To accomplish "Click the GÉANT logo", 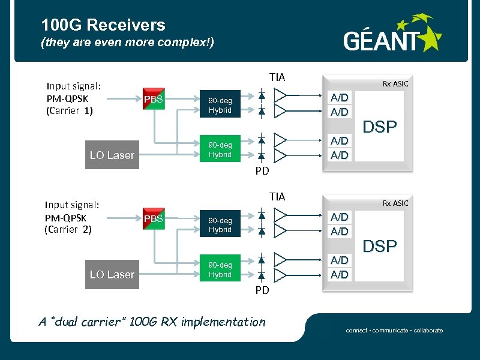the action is point(393,33).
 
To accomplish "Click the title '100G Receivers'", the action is point(103,25).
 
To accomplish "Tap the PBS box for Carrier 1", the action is point(154,99).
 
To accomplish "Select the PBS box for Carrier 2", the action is point(154,218).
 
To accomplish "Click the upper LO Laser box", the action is point(112,155).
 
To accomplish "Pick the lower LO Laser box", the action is point(112,274).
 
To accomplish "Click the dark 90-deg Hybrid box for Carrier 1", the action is point(220,104).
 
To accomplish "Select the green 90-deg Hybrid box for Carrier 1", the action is point(220,148).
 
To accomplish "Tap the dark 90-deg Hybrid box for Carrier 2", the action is point(220,223).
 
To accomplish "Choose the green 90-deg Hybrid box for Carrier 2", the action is point(220,268).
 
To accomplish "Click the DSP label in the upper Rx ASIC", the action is point(380,127).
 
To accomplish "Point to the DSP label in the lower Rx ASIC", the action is point(380,246).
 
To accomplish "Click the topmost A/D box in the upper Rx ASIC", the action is point(340,98).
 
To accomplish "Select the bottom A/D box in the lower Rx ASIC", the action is point(340,274).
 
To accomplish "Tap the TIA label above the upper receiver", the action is point(277,77).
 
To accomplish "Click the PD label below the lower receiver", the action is point(262,290).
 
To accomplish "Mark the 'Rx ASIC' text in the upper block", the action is point(395,84).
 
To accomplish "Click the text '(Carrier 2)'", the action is point(68,230).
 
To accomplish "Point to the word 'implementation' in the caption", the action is point(223,322).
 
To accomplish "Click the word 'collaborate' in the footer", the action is point(428,331).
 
